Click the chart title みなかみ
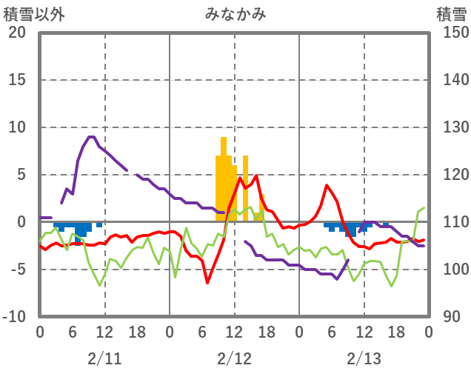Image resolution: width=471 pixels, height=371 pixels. pyautogui.click(x=235, y=13)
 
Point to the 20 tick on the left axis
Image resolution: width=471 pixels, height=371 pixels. pyautogui.click(x=17, y=33)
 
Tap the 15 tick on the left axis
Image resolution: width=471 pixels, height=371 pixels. pyautogui.click(x=17, y=80)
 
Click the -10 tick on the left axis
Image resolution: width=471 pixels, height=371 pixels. pyautogui.click(x=14, y=317)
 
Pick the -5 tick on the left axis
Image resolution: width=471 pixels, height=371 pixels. pyautogui.click(x=17, y=270)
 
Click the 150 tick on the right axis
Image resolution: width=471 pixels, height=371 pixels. pyautogui.click(x=450, y=33)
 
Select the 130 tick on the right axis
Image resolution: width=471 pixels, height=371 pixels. pyautogui.click(x=450, y=127)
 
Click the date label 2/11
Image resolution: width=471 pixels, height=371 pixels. pyautogui.click(x=104, y=358)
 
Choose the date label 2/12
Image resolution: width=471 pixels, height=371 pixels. pyautogui.click(x=234, y=358)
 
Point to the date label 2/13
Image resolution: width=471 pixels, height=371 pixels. pyautogui.click(x=364, y=358)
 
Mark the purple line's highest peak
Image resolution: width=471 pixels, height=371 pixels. pyautogui.click(x=91, y=137)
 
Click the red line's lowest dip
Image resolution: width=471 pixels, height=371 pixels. pyautogui.click(x=207, y=282)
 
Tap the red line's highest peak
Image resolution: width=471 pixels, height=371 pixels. pyautogui.click(x=256, y=176)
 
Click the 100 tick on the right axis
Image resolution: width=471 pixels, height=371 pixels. pyautogui.click(x=450, y=270)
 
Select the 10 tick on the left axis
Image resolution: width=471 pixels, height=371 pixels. pyautogui.click(x=17, y=127)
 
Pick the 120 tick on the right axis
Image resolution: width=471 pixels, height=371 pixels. pyautogui.click(x=450, y=175)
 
